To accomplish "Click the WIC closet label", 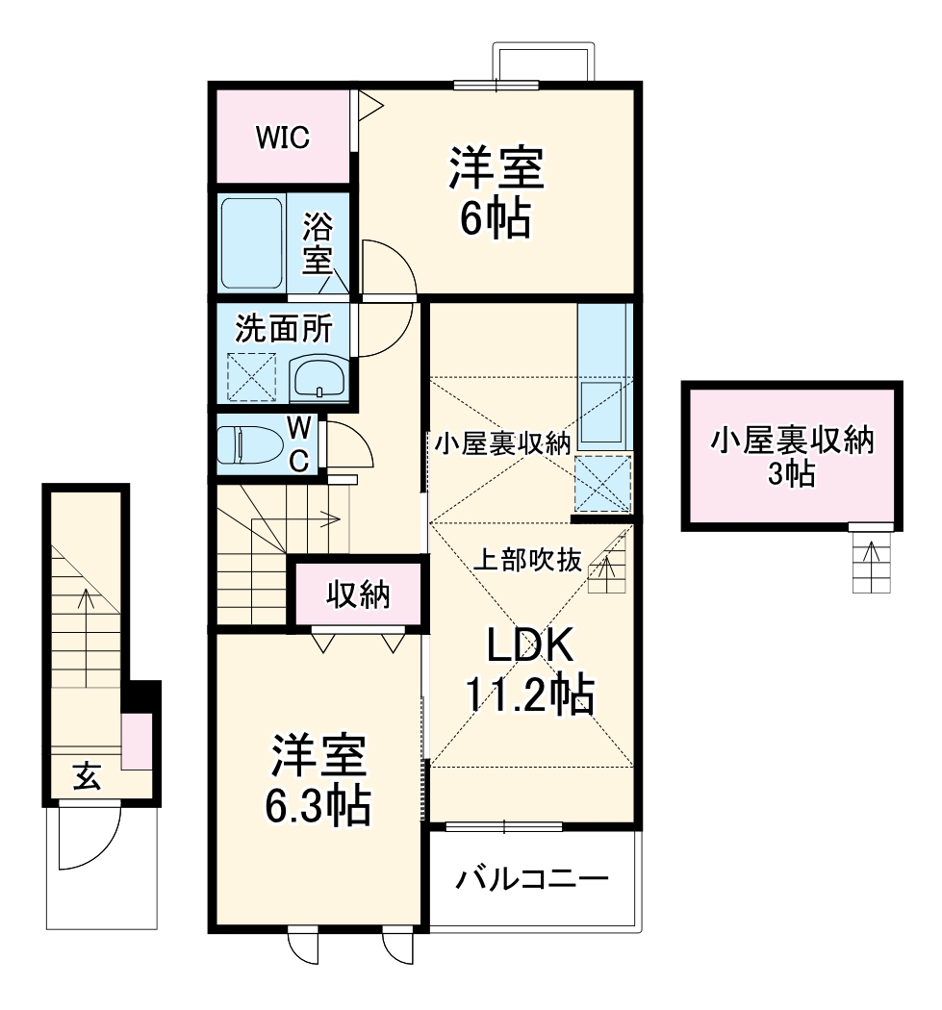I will [282, 138].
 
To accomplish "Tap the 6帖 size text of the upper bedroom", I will [495, 219].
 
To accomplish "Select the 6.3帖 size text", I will [318, 805].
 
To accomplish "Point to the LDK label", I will [529, 647].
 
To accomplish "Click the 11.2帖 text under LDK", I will [529, 695].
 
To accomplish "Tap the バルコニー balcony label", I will [532, 879].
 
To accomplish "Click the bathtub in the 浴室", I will [252, 242].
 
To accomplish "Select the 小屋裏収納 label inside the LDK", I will [502, 443].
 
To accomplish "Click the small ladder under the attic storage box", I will [872, 563].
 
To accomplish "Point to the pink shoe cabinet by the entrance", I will [136, 741].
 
